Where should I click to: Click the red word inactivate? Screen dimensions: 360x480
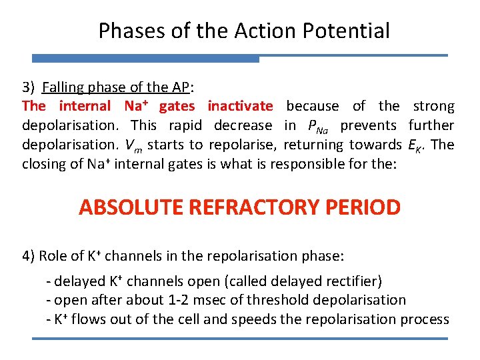[240, 106]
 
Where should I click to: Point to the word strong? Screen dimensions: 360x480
[433, 106]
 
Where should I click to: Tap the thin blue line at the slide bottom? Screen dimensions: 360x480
[240, 339]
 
